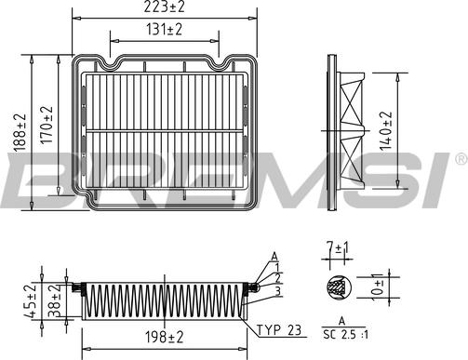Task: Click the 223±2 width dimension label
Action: (164, 7)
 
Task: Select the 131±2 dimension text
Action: (164, 30)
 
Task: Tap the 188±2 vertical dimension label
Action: (20, 133)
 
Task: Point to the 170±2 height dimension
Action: (47, 125)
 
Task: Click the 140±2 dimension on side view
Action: (386, 131)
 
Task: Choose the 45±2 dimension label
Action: (30, 300)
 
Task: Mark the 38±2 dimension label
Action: (55, 300)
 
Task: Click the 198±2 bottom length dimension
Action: (165, 337)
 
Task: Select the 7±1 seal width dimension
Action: (338, 248)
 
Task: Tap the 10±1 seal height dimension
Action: (377, 287)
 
